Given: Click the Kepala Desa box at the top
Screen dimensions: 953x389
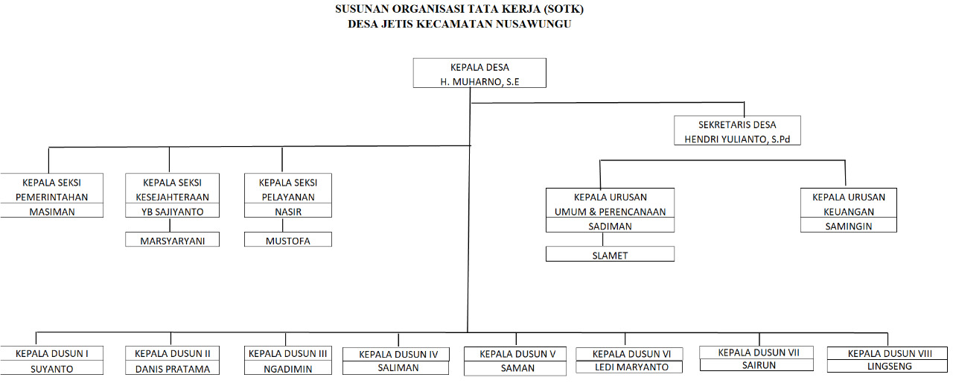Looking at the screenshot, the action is [479, 73].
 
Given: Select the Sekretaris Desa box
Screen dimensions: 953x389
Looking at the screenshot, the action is [737, 130].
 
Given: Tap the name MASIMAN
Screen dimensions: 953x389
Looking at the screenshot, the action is [52, 212].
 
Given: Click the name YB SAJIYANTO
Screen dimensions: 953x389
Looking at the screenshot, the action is [172, 212].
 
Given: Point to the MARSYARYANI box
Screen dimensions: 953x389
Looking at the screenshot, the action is [172, 239].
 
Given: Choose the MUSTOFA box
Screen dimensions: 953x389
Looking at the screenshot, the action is [288, 239].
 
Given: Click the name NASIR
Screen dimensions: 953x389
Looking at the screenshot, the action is [288, 212].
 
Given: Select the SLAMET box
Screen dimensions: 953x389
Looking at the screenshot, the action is [610, 254].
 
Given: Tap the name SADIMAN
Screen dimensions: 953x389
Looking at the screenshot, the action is [610, 226].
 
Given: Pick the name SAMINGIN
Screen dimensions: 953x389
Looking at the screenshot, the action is [849, 226].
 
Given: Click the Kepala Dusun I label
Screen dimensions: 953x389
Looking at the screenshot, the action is [52, 354].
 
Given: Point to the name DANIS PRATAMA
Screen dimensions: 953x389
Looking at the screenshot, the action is [172, 369].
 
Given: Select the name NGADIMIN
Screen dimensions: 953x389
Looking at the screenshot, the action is [288, 369].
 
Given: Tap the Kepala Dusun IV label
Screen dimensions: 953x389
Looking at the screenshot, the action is [398, 355].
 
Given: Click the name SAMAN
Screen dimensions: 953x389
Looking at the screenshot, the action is [517, 368].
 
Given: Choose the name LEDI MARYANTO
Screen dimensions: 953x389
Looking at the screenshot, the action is [631, 367].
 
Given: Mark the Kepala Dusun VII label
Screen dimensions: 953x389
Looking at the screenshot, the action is [759, 352].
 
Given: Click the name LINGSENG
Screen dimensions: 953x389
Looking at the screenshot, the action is [890, 366].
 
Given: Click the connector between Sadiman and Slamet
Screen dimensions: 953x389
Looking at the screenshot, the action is [603, 239].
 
